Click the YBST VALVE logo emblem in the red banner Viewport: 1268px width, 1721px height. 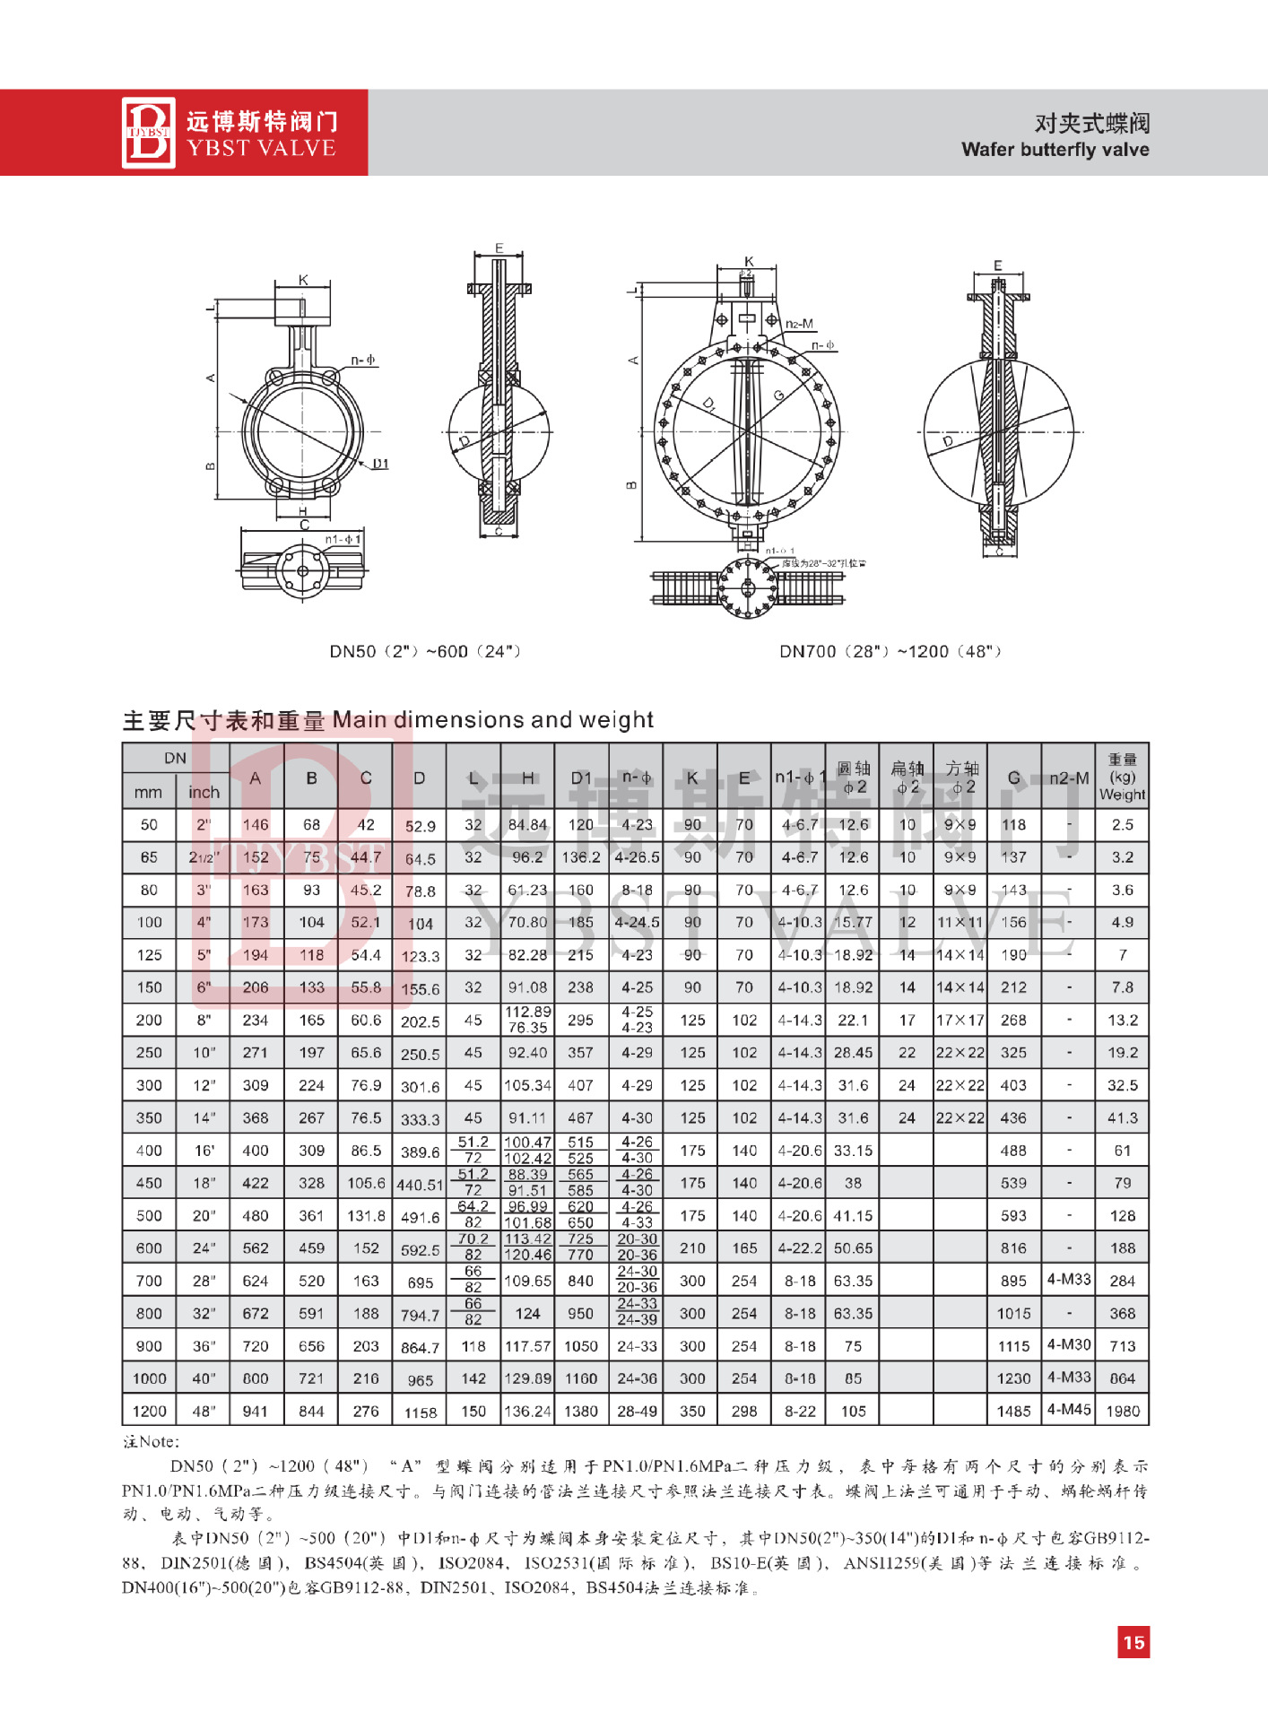pyautogui.click(x=149, y=133)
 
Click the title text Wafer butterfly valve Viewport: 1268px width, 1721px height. pyautogui.click(x=1055, y=150)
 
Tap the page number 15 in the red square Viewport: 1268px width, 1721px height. pyautogui.click(x=1133, y=1642)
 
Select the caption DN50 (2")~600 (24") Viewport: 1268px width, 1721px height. pyautogui.click(x=425, y=651)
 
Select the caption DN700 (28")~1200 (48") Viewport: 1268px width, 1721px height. pyautogui.click(x=890, y=651)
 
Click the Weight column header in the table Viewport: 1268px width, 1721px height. pyautogui.click(x=1122, y=778)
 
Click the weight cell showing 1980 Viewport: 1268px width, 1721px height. pyautogui.click(x=1122, y=1411)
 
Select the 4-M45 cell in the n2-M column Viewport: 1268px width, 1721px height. pyautogui.click(x=1069, y=1409)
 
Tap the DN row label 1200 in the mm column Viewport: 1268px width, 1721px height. pyautogui.click(x=149, y=1411)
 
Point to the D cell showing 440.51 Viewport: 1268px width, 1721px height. pyautogui.click(x=420, y=1185)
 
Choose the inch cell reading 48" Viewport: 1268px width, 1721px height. pyautogui.click(x=204, y=1411)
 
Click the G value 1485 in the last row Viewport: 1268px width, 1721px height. pyautogui.click(x=1013, y=1411)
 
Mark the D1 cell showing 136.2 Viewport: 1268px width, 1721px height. pyautogui.click(x=581, y=857)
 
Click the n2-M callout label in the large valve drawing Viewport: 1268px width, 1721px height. pyautogui.click(x=799, y=324)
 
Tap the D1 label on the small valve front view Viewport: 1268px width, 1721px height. pyautogui.click(x=381, y=464)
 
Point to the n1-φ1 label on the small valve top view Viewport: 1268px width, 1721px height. pyautogui.click(x=343, y=539)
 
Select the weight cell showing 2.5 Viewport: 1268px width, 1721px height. pyautogui.click(x=1122, y=825)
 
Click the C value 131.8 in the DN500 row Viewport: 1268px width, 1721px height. pyautogui.click(x=366, y=1216)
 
